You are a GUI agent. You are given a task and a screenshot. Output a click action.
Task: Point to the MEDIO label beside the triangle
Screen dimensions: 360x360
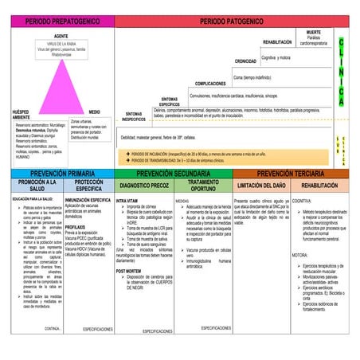(x=94, y=112)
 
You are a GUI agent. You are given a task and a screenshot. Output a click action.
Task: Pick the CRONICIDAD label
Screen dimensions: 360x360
(x=245, y=61)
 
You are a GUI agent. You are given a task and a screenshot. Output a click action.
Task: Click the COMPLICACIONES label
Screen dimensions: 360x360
(x=210, y=83)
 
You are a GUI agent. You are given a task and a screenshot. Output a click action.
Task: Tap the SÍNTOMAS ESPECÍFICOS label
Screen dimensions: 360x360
(x=169, y=101)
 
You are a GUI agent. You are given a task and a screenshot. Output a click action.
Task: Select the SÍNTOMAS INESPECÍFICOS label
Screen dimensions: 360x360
(x=135, y=116)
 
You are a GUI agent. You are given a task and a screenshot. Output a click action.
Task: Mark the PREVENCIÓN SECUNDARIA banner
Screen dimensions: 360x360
(x=174, y=172)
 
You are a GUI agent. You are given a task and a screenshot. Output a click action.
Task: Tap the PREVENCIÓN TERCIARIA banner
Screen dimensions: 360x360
(x=291, y=172)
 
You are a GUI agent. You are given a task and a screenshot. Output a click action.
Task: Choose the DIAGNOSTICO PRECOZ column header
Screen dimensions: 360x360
(x=143, y=186)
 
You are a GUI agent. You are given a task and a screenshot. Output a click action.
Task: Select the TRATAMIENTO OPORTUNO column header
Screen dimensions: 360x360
(x=203, y=186)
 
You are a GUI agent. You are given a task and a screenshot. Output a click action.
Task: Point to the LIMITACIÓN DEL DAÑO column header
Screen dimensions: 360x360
(x=262, y=186)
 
